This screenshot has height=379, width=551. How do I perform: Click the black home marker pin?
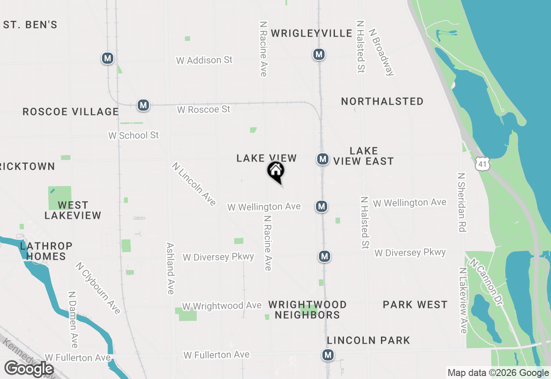[x=276, y=171]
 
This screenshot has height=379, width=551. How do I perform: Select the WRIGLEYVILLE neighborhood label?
[x=312, y=34]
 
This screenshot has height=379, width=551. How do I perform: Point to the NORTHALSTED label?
[x=382, y=101]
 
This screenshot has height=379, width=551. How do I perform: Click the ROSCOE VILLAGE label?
[x=71, y=112]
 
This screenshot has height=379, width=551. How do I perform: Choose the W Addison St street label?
[x=204, y=60]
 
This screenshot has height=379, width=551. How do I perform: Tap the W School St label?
[x=133, y=135]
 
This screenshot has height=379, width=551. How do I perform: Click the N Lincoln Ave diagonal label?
[x=194, y=184]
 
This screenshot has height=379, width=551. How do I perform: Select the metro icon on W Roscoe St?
[x=143, y=105]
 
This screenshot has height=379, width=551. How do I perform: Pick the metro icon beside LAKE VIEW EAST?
[x=323, y=159]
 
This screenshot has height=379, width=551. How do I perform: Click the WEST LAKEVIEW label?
[x=73, y=210]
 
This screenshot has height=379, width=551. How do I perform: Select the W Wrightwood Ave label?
[x=222, y=306]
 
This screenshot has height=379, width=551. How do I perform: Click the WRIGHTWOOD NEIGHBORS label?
[x=307, y=310]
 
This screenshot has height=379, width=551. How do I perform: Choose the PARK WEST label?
[x=415, y=305]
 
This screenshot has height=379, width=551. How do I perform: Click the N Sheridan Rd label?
[x=462, y=202]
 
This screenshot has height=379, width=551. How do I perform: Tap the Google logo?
[x=29, y=369]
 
